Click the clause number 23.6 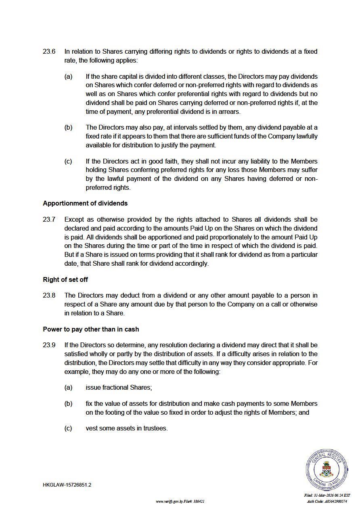pyautogui.click(x=49, y=52)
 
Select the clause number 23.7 pyautogui.click(x=49, y=220)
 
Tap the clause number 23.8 pyautogui.click(x=49, y=296)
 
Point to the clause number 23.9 pyautogui.click(x=49, y=345)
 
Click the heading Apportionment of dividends pyautogui.click(x=85, y=204)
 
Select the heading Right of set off pyautogui.click(x=65, y=279)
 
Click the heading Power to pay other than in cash pyautogui.click(x=91, y=330)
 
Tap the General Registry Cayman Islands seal pyautogui.click(x=327, y=470)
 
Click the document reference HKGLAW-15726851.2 pyautogui.click(x=67, y=485)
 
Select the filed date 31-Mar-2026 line pyautogui.click(x=327, y=495)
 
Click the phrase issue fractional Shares pyautogui.click(x=119, y=388)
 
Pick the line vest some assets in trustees pyautogui.click(x=126, y=428)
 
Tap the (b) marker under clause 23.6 pyautogui.click(x=68, y=128)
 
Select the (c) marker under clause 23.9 pyautogui.click(x=68, y=428)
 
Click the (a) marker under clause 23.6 pyautogui.click(x=68, y=77)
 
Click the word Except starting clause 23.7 pyautogui.click(x=74, y=220)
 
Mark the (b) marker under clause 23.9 pyautogui.click(x=68, y=404)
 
